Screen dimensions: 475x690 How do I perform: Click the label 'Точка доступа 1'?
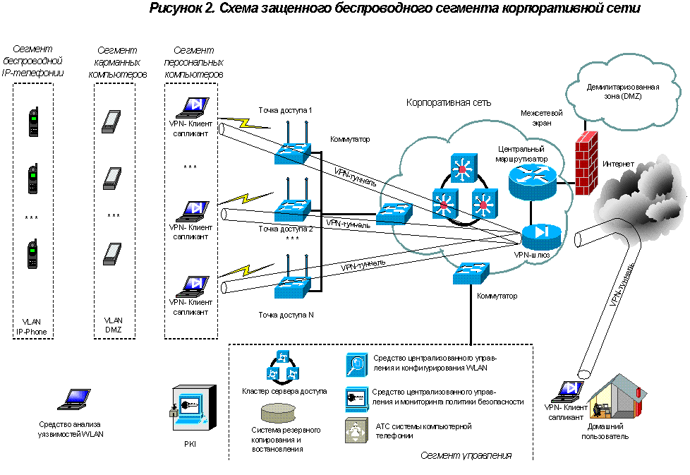point(285,111)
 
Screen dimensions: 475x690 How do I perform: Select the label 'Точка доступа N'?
point(286,314)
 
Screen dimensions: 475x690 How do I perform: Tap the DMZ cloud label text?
point(613,91)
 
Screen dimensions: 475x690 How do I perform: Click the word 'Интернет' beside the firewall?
point(618,164)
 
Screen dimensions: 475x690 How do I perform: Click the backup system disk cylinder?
point(277,412)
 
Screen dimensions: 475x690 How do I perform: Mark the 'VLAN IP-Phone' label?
point(32,326)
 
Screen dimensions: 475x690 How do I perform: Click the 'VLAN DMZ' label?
point(113,326)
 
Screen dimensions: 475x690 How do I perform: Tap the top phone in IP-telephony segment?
point(33,122)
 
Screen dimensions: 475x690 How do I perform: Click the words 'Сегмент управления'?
point(466,455)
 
